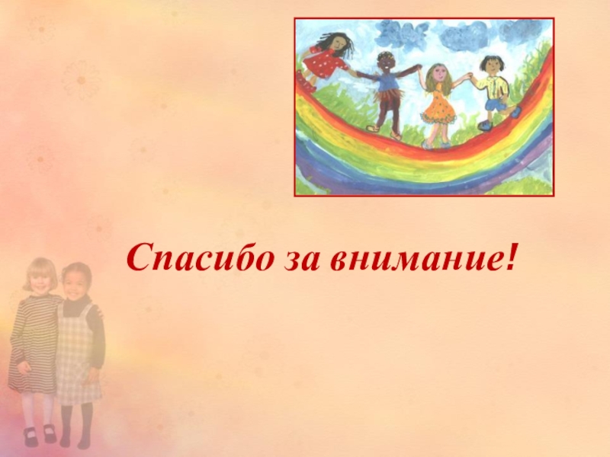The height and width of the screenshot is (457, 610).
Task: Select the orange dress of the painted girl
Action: pyautogui.click(x=439, y=107)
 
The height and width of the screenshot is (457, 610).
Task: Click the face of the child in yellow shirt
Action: pyautogui.click(x=490, y=66)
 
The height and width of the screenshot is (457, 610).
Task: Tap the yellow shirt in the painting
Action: pyautogui.click(x=492, y=85)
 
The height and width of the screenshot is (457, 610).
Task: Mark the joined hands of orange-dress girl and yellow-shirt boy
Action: pyautogui.click(x=466, y=78)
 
